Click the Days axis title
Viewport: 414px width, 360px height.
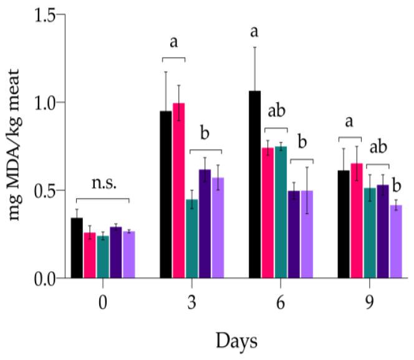pyautogui.click(x=236, y=341)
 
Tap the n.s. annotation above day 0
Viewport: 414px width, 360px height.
pyautogui.click(x=102, y=185)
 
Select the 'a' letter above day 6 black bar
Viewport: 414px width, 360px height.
pyautogui.click(x=254, y=31)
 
